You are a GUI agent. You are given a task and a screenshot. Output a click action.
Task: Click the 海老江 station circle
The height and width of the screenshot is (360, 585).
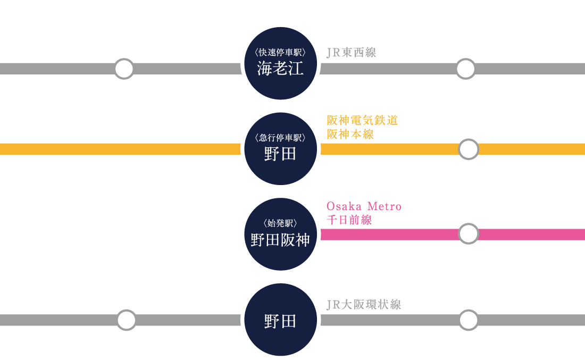(280, 63)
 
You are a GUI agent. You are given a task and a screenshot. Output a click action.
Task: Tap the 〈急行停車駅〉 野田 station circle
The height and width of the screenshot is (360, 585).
(280, 149)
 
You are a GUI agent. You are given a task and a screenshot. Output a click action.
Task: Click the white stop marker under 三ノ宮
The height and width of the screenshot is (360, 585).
(124, 69)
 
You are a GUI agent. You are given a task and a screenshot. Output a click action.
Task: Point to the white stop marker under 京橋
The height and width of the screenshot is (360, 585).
(466, 69)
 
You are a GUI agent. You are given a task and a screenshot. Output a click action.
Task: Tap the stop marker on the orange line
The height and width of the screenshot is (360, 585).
(469, 149)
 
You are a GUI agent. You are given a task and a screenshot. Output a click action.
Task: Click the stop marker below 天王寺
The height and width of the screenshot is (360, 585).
(127, 320)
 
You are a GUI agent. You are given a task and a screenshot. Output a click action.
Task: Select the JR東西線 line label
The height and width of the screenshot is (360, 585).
(351, 52)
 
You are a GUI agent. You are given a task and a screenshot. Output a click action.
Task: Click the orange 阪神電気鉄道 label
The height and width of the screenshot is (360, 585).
(362, 121)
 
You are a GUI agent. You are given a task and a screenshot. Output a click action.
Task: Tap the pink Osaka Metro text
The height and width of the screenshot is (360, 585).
(364, 206)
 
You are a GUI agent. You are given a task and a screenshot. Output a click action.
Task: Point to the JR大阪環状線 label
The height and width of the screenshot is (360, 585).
(363, 304)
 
